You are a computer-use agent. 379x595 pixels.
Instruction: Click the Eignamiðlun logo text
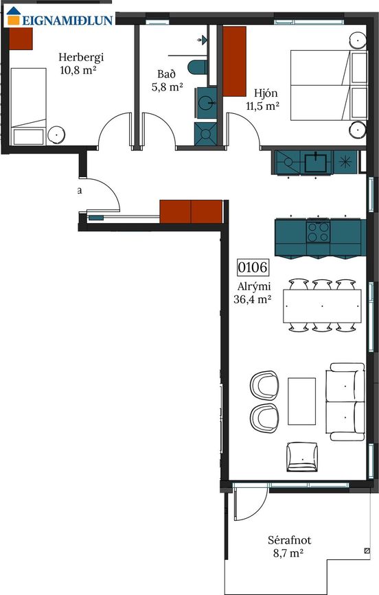click(x=67, y=20)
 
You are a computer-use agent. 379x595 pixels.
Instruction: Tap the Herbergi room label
click(x=81, y=58)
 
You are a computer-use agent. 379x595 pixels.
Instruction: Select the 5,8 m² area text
click(x=168, y=87)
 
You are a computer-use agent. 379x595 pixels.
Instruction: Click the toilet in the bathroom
click(x=197, y=67)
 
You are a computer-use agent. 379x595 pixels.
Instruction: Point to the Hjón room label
click(x=266, y=93)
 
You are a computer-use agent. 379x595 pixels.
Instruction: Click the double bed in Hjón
click(x=329, y=85)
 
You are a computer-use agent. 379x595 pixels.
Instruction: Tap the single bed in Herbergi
click(x=28, y=106)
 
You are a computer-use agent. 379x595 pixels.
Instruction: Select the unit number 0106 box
click(x=253, y=267)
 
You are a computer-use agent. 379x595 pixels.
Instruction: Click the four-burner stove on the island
click(x=318, y=232)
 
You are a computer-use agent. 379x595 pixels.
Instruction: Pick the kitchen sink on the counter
click(x=316, y=162)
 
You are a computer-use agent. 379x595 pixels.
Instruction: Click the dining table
click(x=322, y=306)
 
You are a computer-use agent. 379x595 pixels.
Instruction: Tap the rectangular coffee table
click(x=301, y=401)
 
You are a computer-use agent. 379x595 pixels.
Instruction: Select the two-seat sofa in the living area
click(x=345, y=401)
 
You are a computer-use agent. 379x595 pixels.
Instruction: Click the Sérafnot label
click(x=289, y=540)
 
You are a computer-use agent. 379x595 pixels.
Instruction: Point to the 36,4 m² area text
click(x=253, y=299)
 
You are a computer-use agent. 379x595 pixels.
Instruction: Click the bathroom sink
click(x=207, y=102)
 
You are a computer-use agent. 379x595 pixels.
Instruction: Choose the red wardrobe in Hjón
click(x=234, y=61)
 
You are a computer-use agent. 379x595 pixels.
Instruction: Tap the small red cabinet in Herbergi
click(x=21, y=38)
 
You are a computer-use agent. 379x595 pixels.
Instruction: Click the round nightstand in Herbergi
click(x=56, y=135)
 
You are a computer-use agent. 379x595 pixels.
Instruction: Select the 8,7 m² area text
click(x=288, y=553)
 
